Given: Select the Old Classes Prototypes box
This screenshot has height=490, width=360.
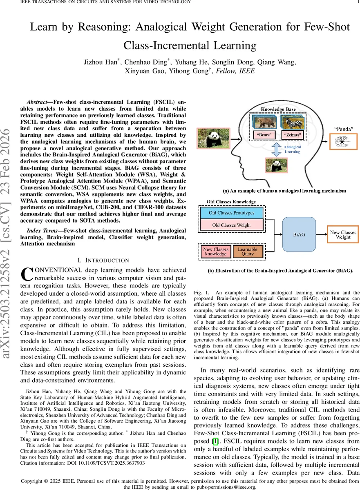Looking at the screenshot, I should pyautogui.click(x=231, y=213).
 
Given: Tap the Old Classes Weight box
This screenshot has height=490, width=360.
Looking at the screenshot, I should pyautogui.click(x=231, y=225).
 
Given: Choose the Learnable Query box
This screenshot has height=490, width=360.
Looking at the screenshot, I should pyautogui.click(x=248, y=252).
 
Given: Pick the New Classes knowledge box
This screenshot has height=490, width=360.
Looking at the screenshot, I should pyautogui.click(x=215, y=252).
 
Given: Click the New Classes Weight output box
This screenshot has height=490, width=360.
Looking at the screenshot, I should pyautogui.click(x=343, y=234).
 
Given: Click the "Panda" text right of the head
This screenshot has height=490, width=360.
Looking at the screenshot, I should pyautogui.click(x=344, y=129).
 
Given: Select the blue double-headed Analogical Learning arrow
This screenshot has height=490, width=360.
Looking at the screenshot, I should pyautogui.click(x=277, y=149).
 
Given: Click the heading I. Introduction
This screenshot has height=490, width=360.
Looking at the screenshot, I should pyautogui.click(x=103, y=260).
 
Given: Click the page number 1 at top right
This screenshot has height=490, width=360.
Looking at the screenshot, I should pyautogui.click(x=357, y=2).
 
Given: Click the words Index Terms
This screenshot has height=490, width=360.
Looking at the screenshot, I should pyautogui.click(x=42, y=231).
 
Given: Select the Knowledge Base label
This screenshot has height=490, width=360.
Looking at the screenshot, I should pyautogui.click(x=278, y=109).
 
